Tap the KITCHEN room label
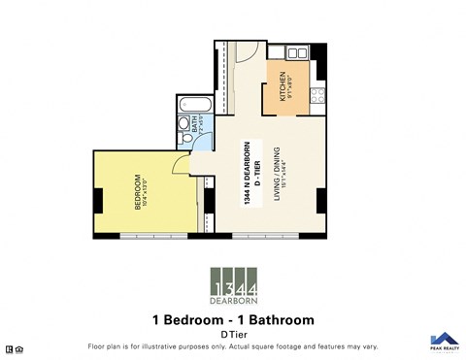click(283, 87)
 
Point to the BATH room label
click(194, 123)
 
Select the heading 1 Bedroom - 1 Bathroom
click(233, 318)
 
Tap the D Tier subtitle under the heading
click(233, 334)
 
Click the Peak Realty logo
click(443, 342)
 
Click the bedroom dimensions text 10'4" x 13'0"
click(145, 190)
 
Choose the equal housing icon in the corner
click(9, 347)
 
